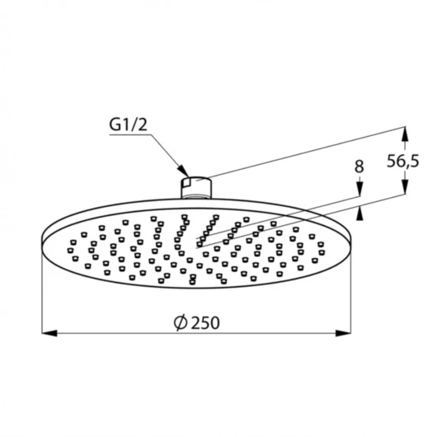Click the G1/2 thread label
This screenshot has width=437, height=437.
(128, 125)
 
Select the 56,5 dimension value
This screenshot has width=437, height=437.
(402, 161)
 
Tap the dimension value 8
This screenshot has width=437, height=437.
(359, 167)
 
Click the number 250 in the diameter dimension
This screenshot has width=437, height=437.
(206, 322)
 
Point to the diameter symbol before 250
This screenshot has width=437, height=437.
(181, 322)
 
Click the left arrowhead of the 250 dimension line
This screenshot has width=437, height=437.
(49, 333)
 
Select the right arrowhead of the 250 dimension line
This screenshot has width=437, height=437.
(343, 333)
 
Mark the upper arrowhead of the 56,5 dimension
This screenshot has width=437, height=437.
(405, 134)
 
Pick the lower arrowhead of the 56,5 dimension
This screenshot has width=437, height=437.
(405, 186)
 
